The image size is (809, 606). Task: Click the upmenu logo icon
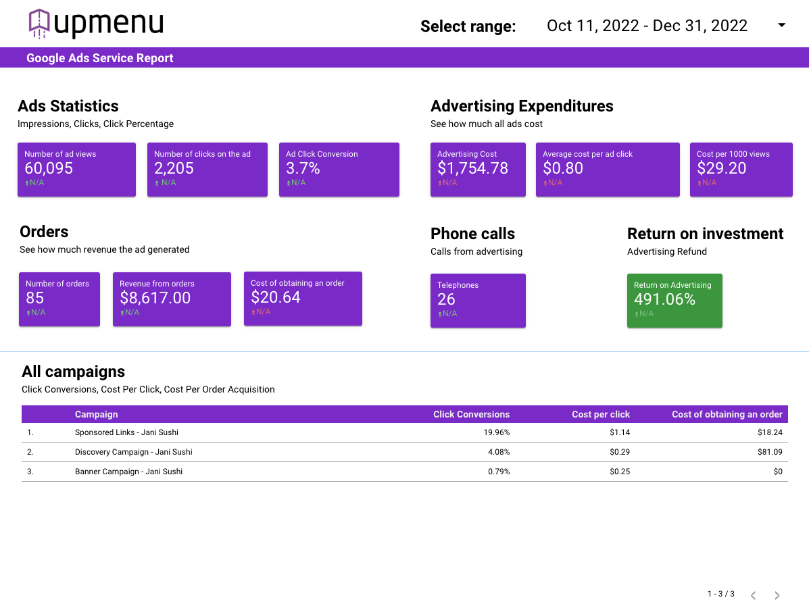click(x=39, y=24)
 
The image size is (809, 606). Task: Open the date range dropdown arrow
click(x=782, y=25)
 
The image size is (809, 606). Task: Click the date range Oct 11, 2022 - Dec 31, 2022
click(x=647, y=26)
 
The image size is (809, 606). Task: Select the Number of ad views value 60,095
click(x=49, y=168)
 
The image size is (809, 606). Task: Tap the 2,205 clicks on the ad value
click(x=174, y=168)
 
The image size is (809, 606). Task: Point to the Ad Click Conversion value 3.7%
click(x=303, y=168)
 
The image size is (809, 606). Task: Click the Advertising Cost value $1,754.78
click(x=472, y=168)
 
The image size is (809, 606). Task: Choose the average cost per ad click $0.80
click(x=563, y=168)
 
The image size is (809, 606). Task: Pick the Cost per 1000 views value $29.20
click(x=721, y=168)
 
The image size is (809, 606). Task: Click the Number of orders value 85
click(x=35, y=298)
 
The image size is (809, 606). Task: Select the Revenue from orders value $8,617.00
click(x=155, y=297)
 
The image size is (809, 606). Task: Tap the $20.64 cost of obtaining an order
click(x=276, y=297)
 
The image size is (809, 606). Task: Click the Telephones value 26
click(x=446, y=299)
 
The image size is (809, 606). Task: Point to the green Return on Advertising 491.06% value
click(x=664, y=299)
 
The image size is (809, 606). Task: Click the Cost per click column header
click(x=601, y=414)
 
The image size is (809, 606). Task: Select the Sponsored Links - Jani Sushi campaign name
click(x=126, y=432)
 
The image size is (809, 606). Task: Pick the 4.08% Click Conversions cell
click(x=499, y=452)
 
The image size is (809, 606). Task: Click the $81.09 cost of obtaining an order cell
click(x=770, y=452)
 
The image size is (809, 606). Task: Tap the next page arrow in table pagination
click(x=777, y=595)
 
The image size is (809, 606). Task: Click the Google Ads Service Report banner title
click(x=99, y=58)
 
